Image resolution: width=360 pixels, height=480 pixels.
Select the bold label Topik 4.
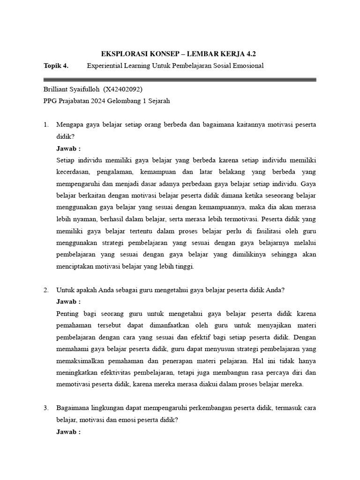(x=56, y=66)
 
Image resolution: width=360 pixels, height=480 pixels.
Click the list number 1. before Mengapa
(x=46, y=125)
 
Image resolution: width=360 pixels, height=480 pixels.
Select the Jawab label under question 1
(x=68, y=148)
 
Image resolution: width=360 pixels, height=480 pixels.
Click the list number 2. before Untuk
(x=46, y=290)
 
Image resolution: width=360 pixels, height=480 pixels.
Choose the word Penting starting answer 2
(x=67, y=314)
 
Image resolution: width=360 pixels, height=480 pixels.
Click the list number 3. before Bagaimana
(x=46, y=408)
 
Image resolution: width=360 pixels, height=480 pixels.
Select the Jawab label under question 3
(x=68, y=432)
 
